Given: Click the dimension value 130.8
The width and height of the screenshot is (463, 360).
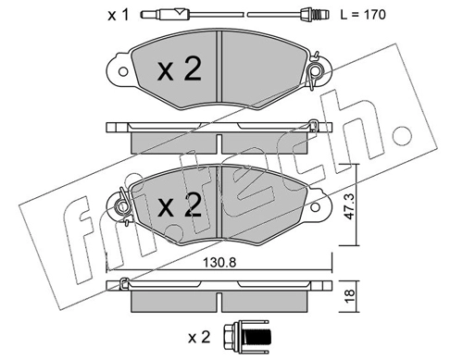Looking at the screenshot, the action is (x=219, y=263).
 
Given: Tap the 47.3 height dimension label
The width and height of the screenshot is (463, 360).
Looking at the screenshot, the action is (x=350, y=206).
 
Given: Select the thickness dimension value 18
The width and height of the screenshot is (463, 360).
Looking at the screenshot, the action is (x=350, y=296).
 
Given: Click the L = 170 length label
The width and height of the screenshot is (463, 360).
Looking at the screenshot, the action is (x=363, y=15).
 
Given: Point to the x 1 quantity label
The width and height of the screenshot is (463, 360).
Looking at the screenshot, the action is (x=118, y=15).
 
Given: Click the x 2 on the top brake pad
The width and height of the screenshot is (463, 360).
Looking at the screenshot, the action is (x=180, y=68).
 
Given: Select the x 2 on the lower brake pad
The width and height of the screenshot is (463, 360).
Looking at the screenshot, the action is (x=180, y=205).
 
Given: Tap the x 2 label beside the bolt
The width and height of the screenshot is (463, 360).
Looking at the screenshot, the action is (x=199, y=337).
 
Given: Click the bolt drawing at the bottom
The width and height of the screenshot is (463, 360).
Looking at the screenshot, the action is (x=246, y=337).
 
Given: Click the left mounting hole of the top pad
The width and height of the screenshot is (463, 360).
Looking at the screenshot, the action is (x=123, y=72).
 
